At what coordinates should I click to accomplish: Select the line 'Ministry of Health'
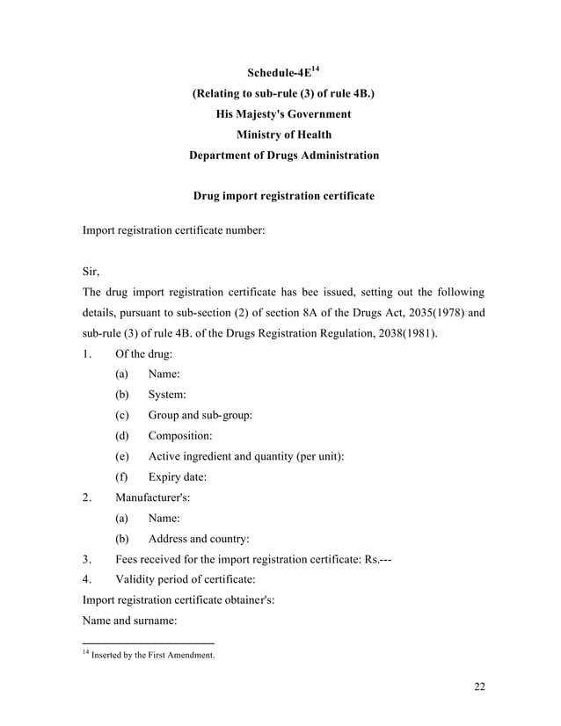[283, 134]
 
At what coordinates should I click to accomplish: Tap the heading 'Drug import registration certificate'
[283, 196]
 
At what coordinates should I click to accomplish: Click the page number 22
[479, 686]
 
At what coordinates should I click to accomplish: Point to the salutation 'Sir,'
[92, 272]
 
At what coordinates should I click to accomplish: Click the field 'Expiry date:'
[177, 477]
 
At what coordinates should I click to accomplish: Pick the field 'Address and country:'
[198, 538]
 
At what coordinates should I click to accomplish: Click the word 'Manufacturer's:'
[153, 497]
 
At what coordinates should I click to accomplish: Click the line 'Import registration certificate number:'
[173, 230]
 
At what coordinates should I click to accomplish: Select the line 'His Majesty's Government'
[283, 114]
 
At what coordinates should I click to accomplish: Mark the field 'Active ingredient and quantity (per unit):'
[245, 456]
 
